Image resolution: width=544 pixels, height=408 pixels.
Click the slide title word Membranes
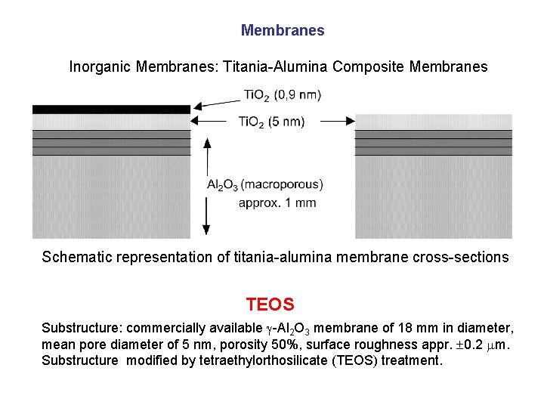(283, 31)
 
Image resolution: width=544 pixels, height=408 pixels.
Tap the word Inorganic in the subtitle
(100, 67)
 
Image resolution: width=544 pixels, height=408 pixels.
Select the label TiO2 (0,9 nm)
(282, 95)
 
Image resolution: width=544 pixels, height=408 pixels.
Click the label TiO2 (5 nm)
(271, 121)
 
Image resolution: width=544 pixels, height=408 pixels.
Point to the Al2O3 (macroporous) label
(264, 184)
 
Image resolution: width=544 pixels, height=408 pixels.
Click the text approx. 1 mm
(277, 202)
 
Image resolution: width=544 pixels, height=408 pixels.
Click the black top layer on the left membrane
(111, 110)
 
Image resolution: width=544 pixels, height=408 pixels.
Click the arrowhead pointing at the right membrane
(350, 120)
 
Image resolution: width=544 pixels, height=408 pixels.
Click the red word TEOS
(270, 305)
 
